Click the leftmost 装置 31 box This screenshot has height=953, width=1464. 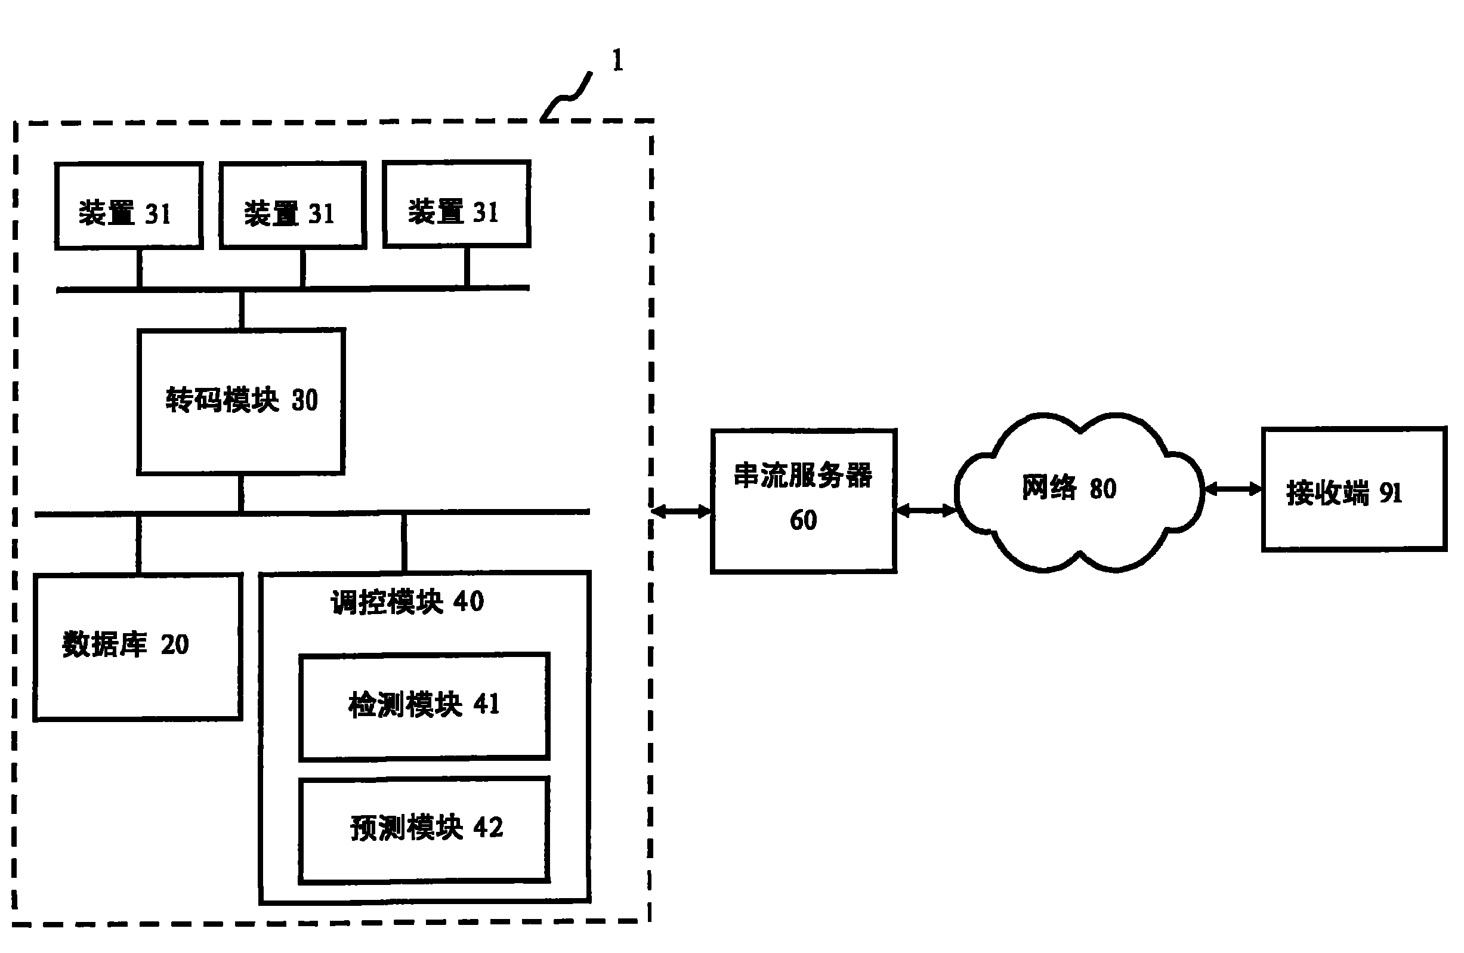[128, 206]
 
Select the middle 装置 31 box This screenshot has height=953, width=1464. [293, 205]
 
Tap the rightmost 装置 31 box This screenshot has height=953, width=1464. [456, 204]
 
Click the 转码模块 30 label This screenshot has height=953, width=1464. [241, 400]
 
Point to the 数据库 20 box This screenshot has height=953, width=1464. [138, 647]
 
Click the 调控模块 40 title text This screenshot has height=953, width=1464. [407, 602]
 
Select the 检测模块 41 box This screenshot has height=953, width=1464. [424, 707]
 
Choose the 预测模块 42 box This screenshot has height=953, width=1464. [424, 830]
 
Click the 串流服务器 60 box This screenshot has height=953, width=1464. [803, 501]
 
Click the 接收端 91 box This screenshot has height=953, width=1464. [1353, 489]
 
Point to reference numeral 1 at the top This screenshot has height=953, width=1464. [617, 61]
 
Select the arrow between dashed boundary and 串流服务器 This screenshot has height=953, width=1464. [681, 511]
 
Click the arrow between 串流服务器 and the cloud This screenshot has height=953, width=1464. [926, 510]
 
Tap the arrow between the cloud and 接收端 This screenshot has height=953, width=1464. [1232, 489]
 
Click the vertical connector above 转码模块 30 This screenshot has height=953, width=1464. [242, 310]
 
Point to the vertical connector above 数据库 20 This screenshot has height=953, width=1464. [138, 544]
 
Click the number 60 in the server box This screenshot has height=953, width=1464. [803, 520]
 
